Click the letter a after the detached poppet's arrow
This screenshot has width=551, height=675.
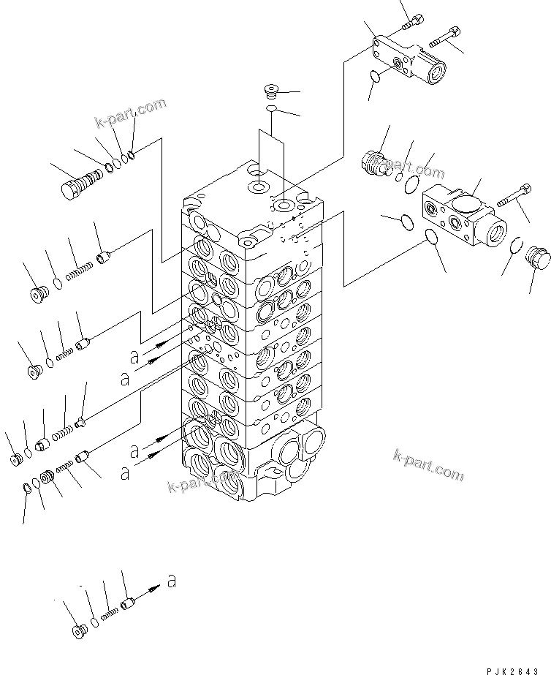pos(171,581)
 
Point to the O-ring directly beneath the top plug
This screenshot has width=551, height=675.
pos(271,109)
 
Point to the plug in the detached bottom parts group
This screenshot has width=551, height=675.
pos(79,631)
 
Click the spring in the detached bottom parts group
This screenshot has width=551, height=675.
pos(110,616)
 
